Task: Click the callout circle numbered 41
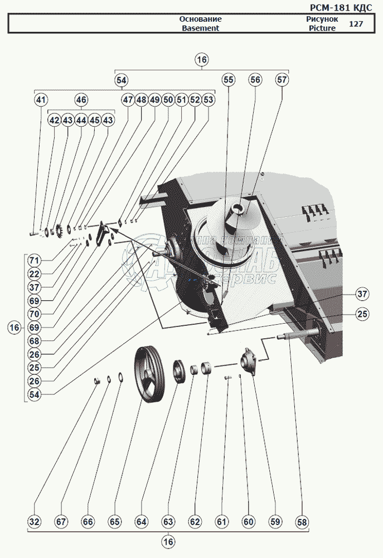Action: [x=41, y=100]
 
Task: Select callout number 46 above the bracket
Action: [x=81, y=100]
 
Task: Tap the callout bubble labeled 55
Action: [x=229, y=80]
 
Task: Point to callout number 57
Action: [x=282, y=80]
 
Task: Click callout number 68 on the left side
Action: [x=34, y=341]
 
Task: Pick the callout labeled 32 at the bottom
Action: [x=34, y=522]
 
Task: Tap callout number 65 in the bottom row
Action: [x=114, y=522]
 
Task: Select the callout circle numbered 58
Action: [x=302, y=522]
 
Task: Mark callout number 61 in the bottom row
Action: [x=222, y=522]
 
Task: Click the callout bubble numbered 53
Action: [x=208, y=100]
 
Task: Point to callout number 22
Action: [x=34, y=275]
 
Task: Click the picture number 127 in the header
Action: [x=355, y=24]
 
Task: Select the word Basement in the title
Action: [x=200, y=28]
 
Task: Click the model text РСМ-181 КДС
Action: [x=340, y=7]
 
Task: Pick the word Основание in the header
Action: [x=200, y=19]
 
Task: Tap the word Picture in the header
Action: [x=322, y=28]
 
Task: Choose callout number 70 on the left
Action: [x=34, y=314]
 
